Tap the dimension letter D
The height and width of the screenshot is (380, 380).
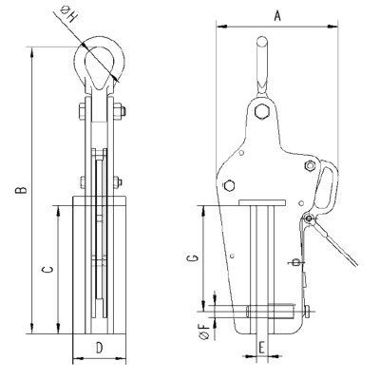[x=99, y=348]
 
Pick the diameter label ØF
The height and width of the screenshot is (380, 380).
[x=203, y=332]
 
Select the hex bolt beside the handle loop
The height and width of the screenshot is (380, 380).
[x=309, y=168]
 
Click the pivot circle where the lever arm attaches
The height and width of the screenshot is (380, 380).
[x=307, y=219]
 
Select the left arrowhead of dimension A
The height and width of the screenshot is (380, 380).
[x=219, y=26]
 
